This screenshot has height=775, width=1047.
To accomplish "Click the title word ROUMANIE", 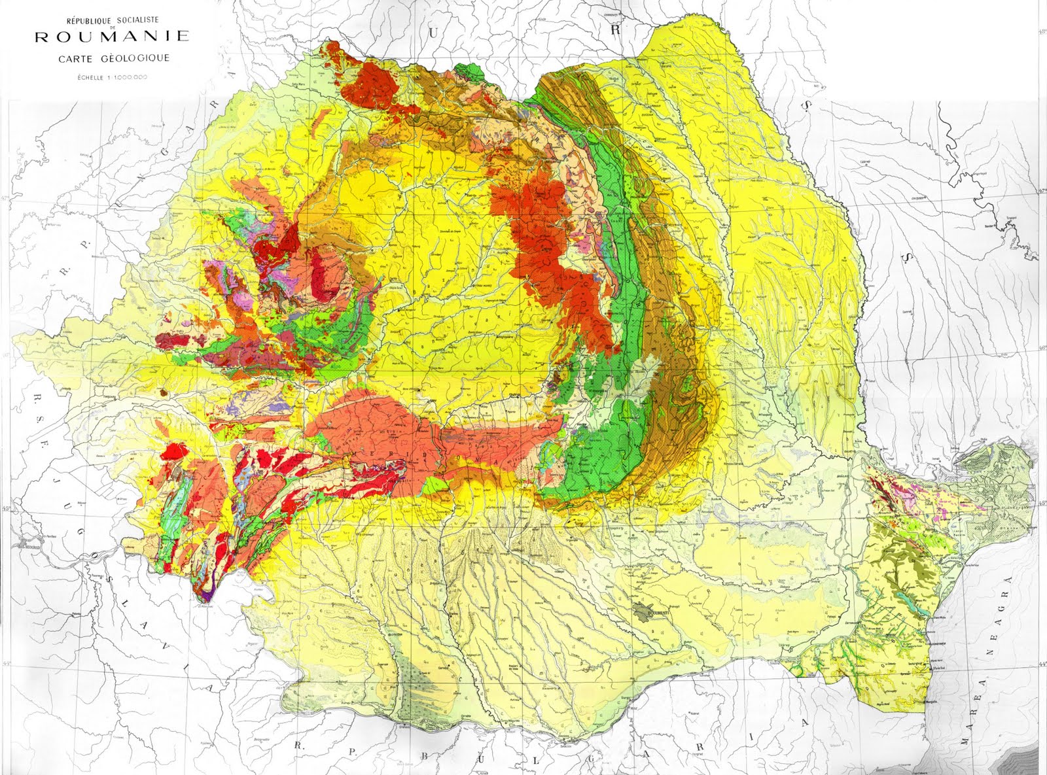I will pyautogui.click(x=112, y=37).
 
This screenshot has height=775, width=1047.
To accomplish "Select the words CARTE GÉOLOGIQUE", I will pyautogui.click(x=114, y=58).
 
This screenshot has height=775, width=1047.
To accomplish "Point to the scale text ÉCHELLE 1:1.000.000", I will pyautogui.click(x=113, y=77).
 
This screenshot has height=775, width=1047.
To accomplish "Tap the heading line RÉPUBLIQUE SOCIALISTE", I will pyautogui.click(x=113, y=21).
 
